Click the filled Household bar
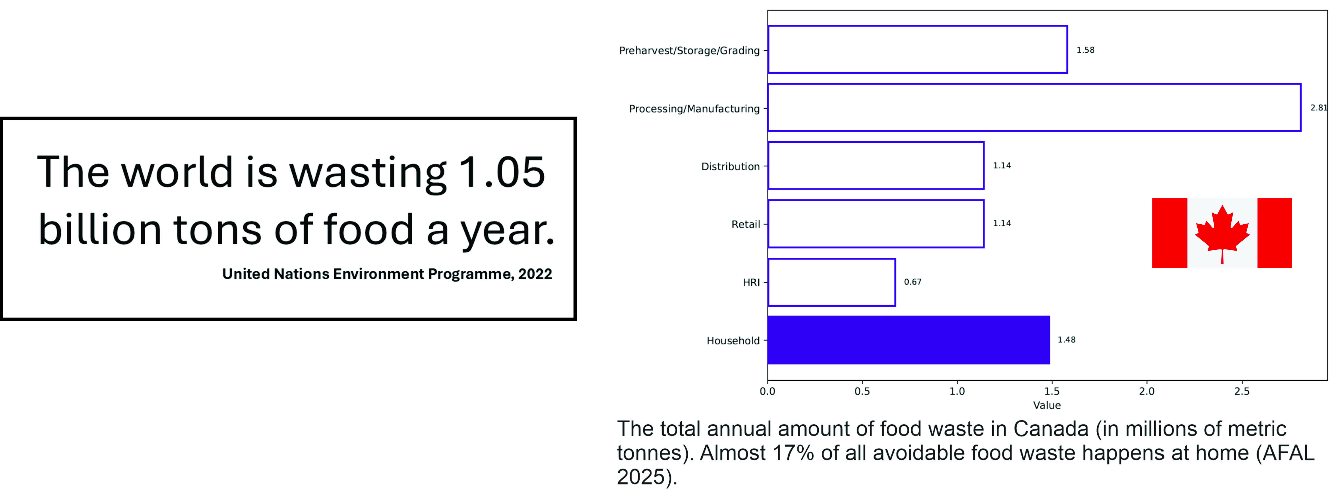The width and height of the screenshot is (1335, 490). (908, 340)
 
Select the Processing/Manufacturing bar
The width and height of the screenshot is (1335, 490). (1034, 84)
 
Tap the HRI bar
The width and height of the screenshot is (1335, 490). (831, 259)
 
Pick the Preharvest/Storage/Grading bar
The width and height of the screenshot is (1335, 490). (917, 26)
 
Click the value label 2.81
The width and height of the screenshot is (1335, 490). (1319, 108)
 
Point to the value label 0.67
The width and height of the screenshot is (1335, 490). (913, 282)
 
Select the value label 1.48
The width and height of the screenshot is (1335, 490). (1066, 340)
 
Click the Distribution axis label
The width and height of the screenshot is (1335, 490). (730, 166)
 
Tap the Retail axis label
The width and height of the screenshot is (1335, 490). (746, 224)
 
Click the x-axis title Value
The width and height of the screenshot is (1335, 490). (1047, 405)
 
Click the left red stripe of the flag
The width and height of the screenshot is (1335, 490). (1170, 233)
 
